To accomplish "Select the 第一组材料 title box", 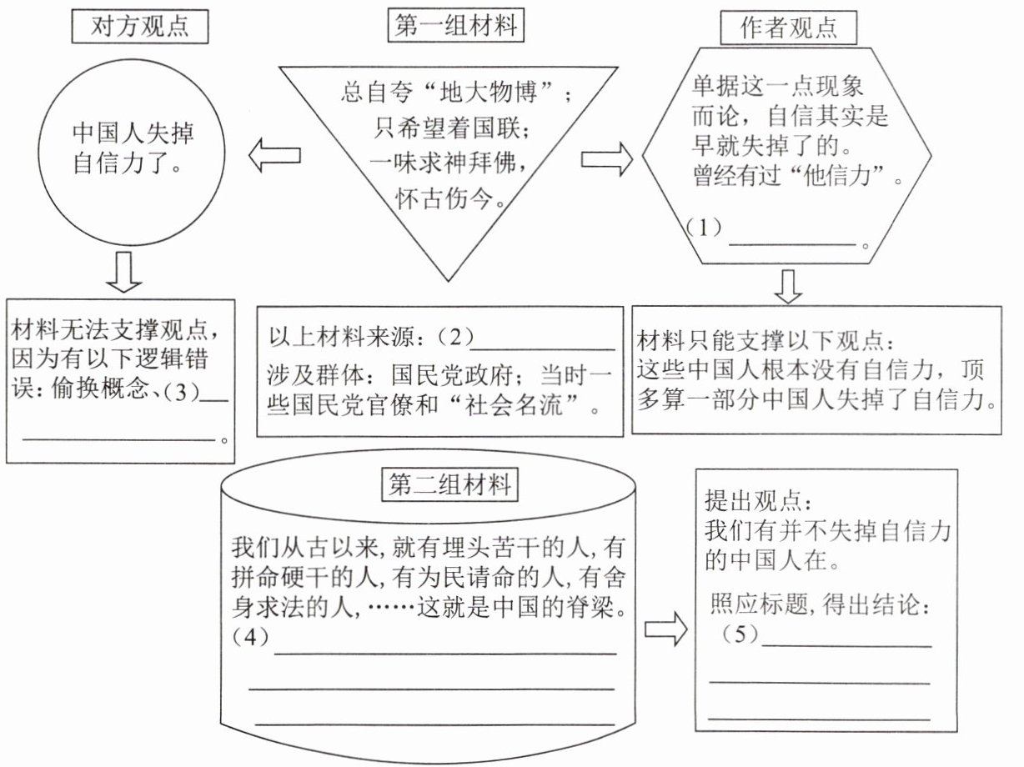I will tap(455, 27).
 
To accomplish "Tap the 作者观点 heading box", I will tap(777, 29).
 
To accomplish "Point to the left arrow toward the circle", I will tap(274, 156).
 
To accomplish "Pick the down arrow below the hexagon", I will tap(787, 286).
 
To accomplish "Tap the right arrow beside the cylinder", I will tap(666, 629).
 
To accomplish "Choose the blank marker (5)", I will tap(741, 634).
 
